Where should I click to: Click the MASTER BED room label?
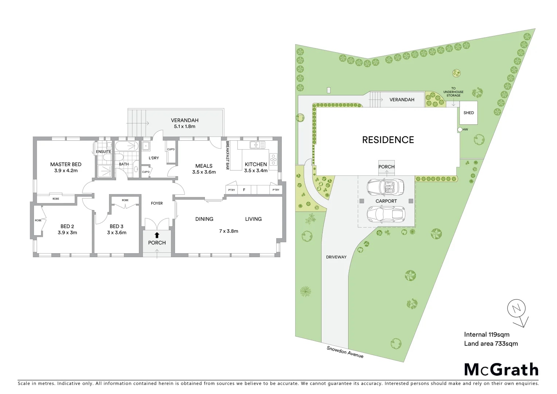(x=66, y=165)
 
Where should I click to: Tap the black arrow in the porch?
(x=157, y=235)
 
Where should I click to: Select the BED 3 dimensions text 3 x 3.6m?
(x=117, y=233)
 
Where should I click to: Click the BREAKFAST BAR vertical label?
(x=227, y=155)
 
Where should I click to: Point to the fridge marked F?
(x=244, y=190)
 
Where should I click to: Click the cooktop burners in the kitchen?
(x=273, y=160)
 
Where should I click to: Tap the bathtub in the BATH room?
(x=127, y=147)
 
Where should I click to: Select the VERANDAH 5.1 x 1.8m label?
(x=184, y=123)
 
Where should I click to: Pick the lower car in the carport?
(x=386, y=214)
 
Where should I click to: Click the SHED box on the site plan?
(x=468, y=113)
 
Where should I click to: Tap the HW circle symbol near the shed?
(x=460, y=130)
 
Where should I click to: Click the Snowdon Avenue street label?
(x=345, y=352)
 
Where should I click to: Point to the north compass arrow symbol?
(x=518, y=313)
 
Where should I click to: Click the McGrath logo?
(x=501, y=370)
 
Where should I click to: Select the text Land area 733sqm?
(x=491, y=344)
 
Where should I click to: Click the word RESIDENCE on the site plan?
(x=388, y=140)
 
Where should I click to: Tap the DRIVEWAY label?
(x=336, y=257)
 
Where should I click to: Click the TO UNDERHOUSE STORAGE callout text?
(x=453, y=92)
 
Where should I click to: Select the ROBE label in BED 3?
(x=125, y=200)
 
